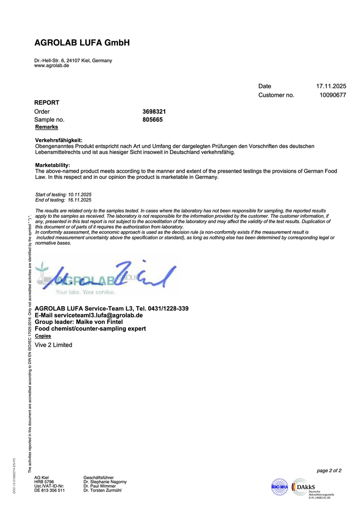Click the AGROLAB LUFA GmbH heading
coord(82,43)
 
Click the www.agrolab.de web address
coord(51,66)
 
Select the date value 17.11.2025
coord(331,86)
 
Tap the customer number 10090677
coord(333,95)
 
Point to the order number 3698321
coord(155,111)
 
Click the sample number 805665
coord(153,119)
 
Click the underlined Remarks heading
coord(47,127)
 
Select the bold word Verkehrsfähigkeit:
coord(59,140)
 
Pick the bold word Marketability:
coord(53,166)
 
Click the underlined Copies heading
coord(43,336)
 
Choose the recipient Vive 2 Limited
coord(54,345)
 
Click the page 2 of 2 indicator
coord(329,471)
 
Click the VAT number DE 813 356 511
coord(49,490)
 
